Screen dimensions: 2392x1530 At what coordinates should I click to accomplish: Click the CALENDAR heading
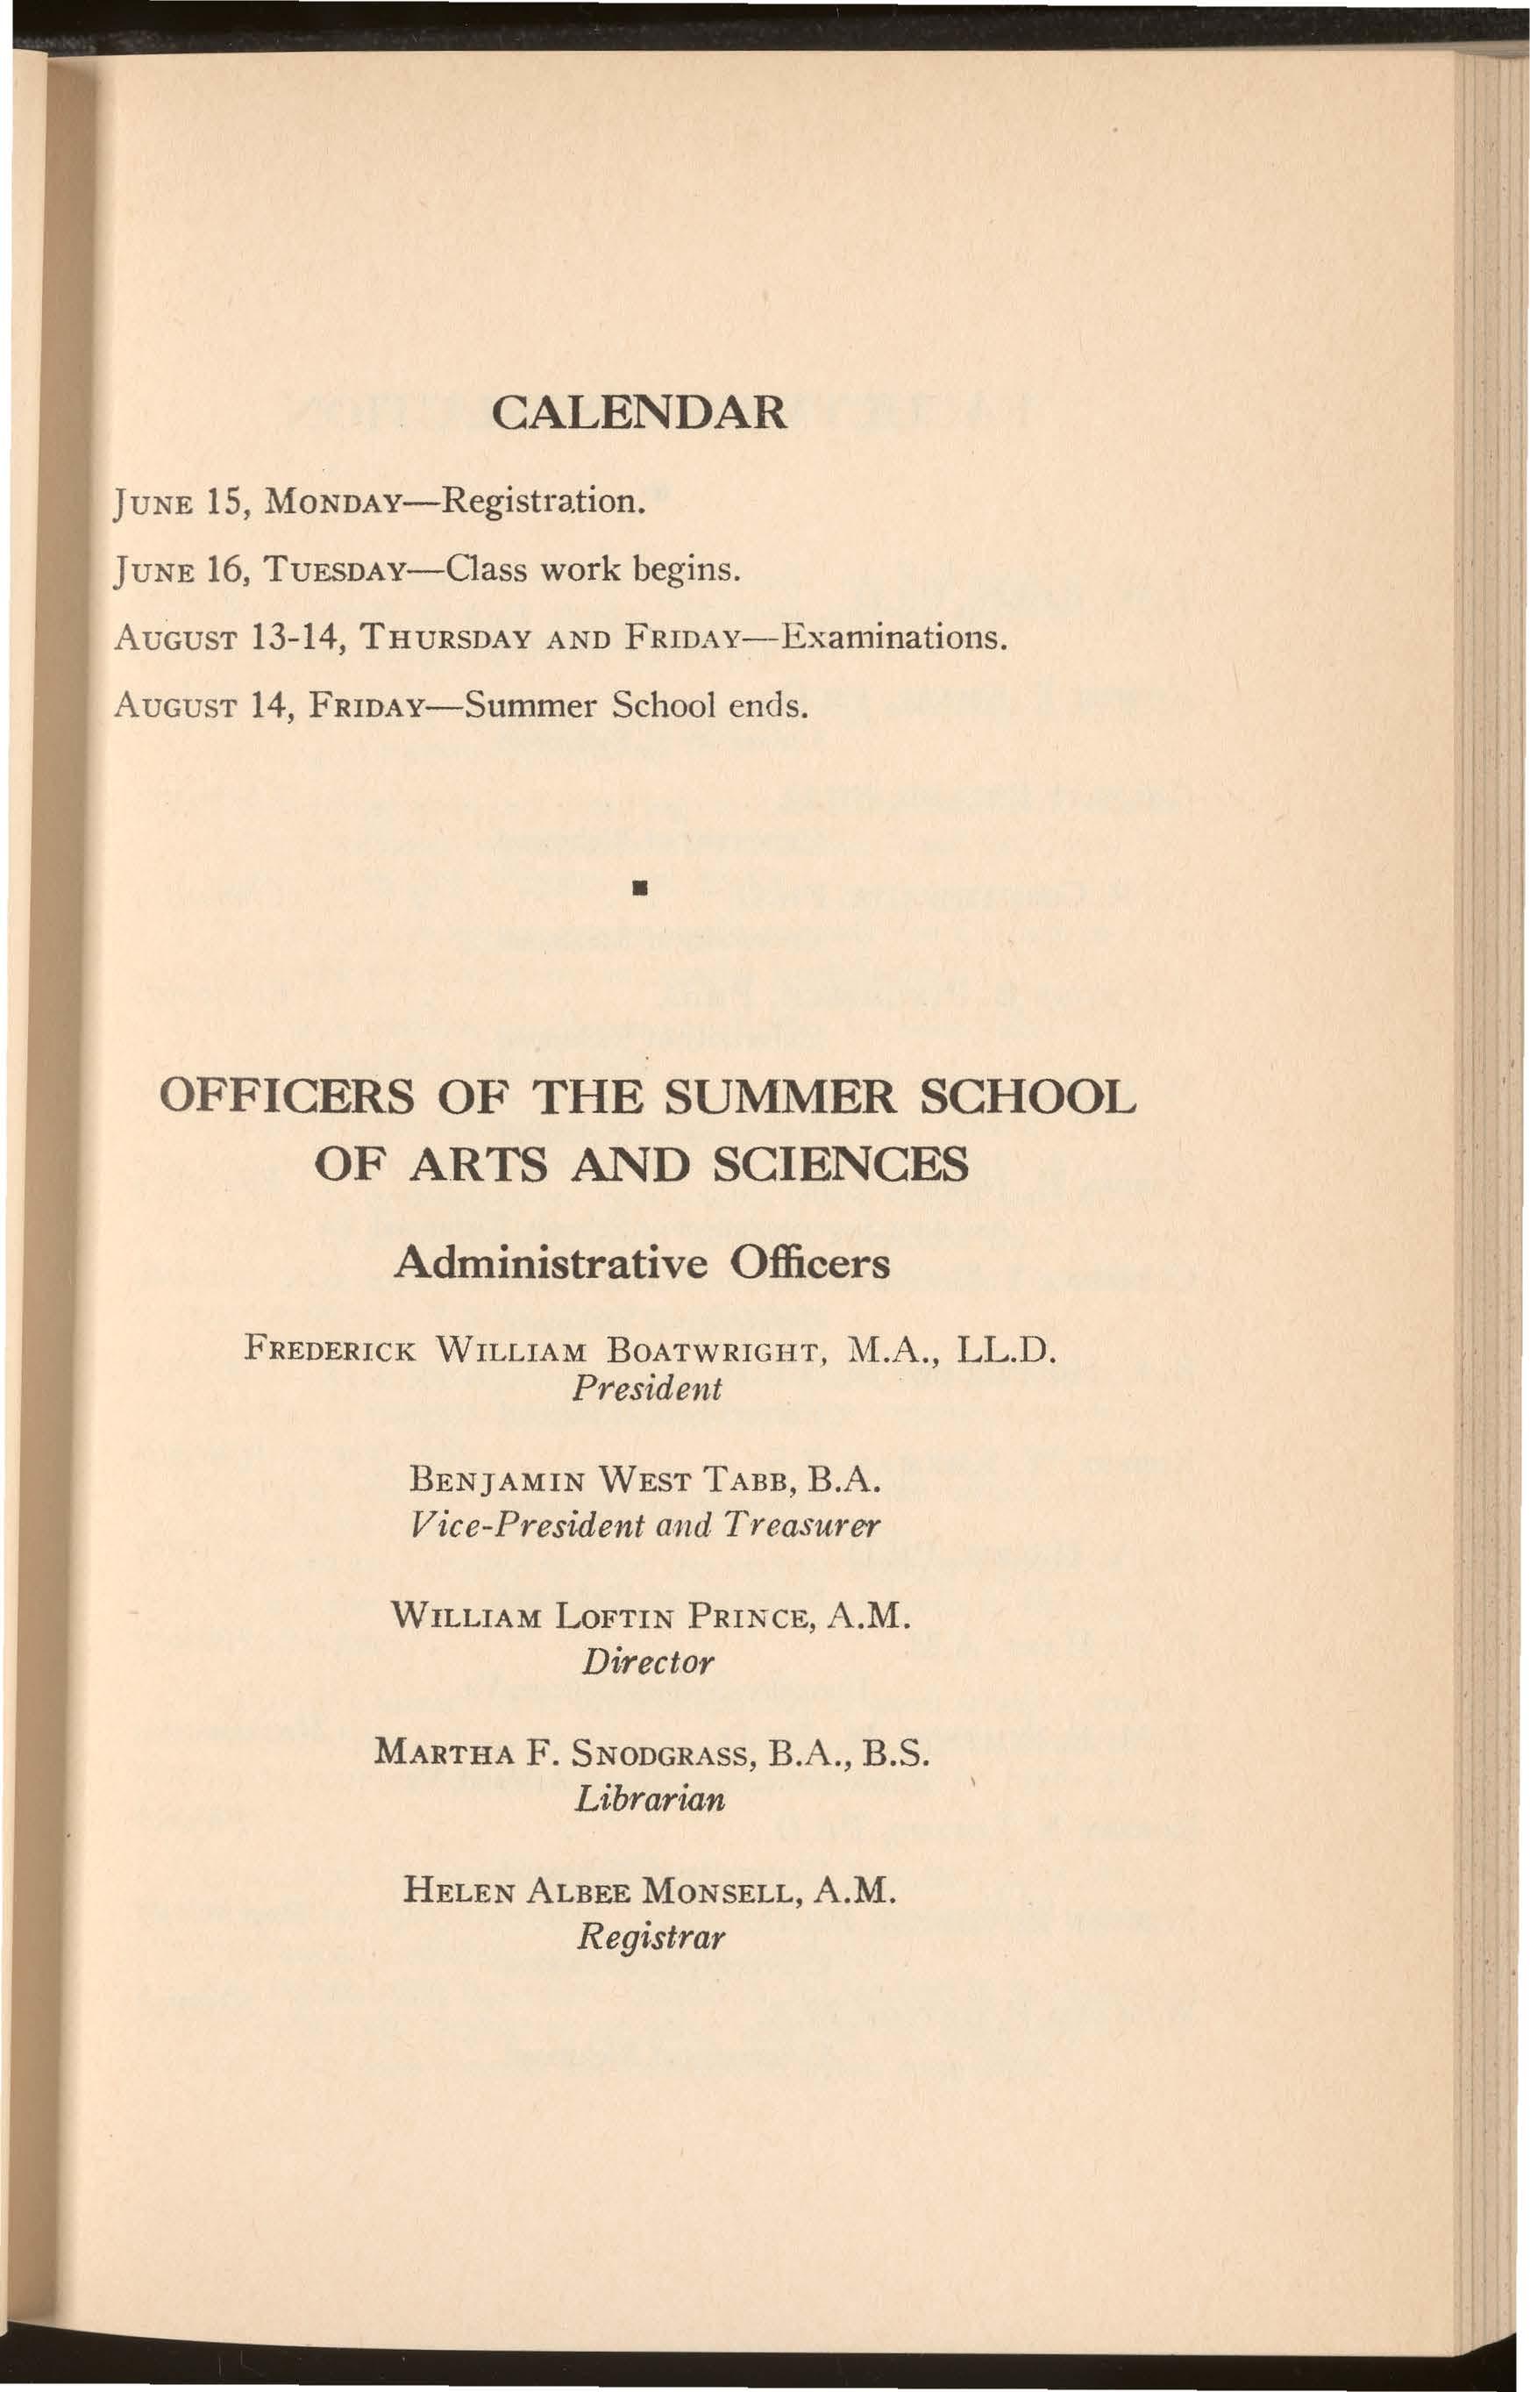pos(639,411)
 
